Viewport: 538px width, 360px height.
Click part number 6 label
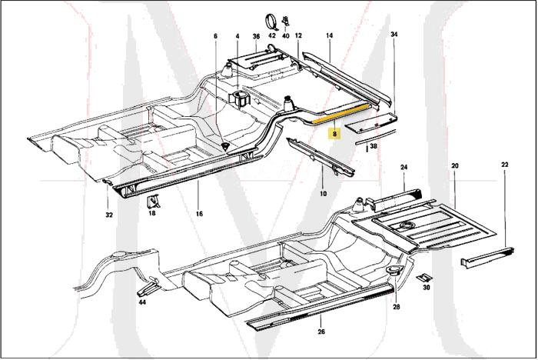216,36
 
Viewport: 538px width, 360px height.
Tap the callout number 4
237,36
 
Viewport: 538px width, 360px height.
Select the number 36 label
256,36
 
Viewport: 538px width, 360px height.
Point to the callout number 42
271,36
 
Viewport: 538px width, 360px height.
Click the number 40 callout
285,36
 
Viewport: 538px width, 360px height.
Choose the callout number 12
298,36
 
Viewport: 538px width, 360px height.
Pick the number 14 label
329,36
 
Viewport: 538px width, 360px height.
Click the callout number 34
394,35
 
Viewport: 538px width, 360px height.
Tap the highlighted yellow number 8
334,132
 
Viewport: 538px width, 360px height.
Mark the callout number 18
151,214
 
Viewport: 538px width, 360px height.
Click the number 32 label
109,215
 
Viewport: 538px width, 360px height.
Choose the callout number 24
403,167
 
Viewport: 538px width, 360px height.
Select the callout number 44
141,302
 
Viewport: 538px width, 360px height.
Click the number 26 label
321,332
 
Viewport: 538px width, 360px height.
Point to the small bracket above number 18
154,202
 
